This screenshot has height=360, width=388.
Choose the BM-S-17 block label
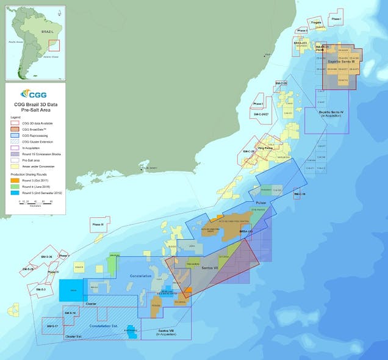click(52, 326)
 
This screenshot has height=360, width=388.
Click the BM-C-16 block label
click(298, 194)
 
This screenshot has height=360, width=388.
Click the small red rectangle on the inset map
click(54, 45)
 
